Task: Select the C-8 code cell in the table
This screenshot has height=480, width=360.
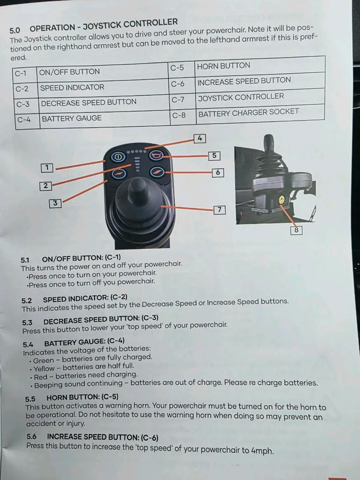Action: click(x=179, y=115)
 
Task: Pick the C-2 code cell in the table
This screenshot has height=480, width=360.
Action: click(x=22, y=88)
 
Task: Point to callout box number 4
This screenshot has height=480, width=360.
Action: click(x=200, y=139)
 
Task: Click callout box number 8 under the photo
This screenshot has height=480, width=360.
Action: click(x=296, y=230)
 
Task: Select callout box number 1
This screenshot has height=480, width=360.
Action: click(x=47, y=168)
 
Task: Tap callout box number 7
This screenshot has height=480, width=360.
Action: click(x=220, y=210)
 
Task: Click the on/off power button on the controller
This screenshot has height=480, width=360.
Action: click(x=118, y=157)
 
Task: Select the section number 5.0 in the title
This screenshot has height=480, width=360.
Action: click(x=15, y=30)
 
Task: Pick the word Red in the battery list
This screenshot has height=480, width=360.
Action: click(x=40, y=377)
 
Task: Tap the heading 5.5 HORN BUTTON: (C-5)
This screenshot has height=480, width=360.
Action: click(x=72, y=398)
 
